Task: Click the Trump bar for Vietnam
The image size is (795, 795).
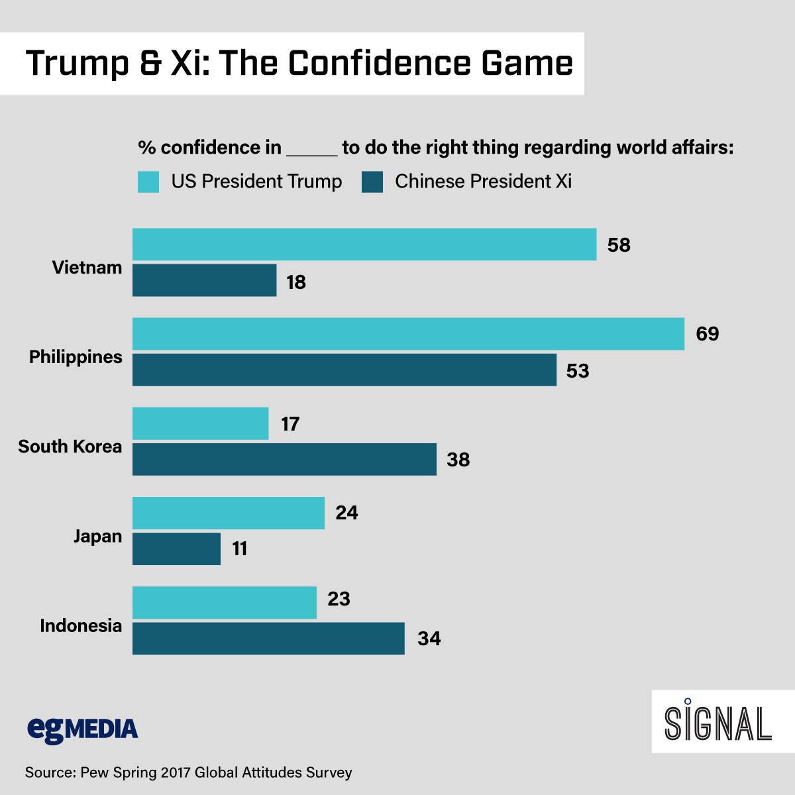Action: tap(364, 244)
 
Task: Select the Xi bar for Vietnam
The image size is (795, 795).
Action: tap(204, 280)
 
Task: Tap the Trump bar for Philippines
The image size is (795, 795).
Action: tap(408, 334)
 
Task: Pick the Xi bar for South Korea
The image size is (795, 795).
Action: tap(284, 459)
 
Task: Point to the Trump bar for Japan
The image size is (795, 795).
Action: tap(229, 513)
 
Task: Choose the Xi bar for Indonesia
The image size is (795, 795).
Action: tap(268, 638)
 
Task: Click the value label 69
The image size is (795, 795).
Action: tap(707, 333)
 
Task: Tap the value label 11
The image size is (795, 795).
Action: tap(239, 549)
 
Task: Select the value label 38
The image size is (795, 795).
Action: tap(458, 459)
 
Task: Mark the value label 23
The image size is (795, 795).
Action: tap(339, 599)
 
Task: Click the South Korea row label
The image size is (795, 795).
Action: tap(70, 447)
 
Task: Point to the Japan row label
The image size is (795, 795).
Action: tap(97, 536)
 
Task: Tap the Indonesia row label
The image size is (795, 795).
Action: tap(81, 625)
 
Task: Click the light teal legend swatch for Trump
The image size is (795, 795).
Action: tap(148, 182)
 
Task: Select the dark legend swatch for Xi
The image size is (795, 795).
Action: tap(372, 182)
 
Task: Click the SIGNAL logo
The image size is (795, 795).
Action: tap(718, 722)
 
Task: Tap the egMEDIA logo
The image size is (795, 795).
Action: tap(83, 729)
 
